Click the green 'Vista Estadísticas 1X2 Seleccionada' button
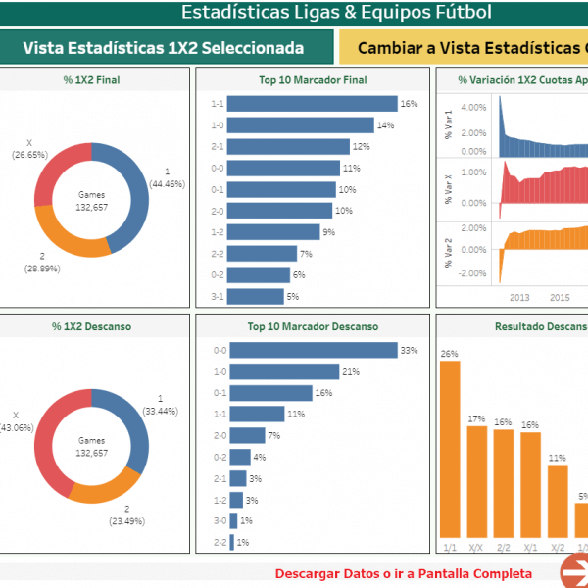164,48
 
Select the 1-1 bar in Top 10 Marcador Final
314,104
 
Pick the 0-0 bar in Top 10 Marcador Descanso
314,351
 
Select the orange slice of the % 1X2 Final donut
73,241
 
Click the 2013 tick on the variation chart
518,297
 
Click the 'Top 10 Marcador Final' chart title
314,80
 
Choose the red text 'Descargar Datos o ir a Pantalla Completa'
404,573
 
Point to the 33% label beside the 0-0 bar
410,351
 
